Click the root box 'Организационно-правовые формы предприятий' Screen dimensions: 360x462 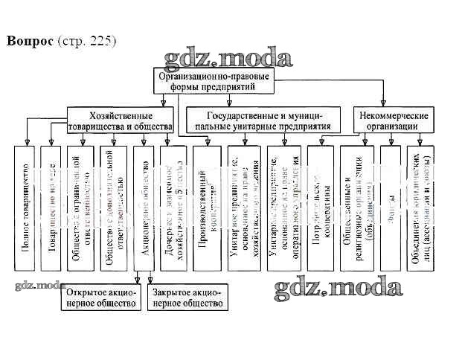[214, 81]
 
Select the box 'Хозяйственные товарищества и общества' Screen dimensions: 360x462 [121, 121]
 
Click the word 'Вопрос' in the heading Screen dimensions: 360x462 [28, 40]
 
